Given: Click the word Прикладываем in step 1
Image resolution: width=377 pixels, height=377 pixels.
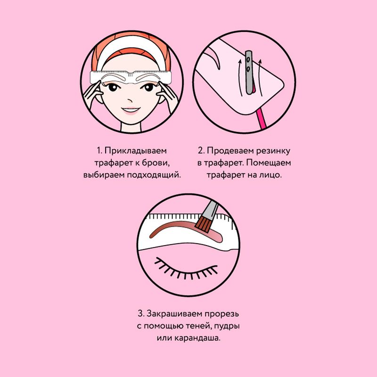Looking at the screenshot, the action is click(136, 151).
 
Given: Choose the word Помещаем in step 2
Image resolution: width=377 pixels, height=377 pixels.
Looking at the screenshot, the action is click(268, 163).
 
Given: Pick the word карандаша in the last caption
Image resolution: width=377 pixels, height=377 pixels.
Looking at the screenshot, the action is click(197, 338).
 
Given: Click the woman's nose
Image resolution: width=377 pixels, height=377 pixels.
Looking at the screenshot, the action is click(130, 99).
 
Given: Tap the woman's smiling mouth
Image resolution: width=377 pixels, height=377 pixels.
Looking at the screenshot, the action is click(131, 110).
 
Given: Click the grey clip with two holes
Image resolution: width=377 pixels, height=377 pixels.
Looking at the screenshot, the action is click(248, 72).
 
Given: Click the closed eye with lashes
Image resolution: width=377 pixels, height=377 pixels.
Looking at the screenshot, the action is click(186, 268).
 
